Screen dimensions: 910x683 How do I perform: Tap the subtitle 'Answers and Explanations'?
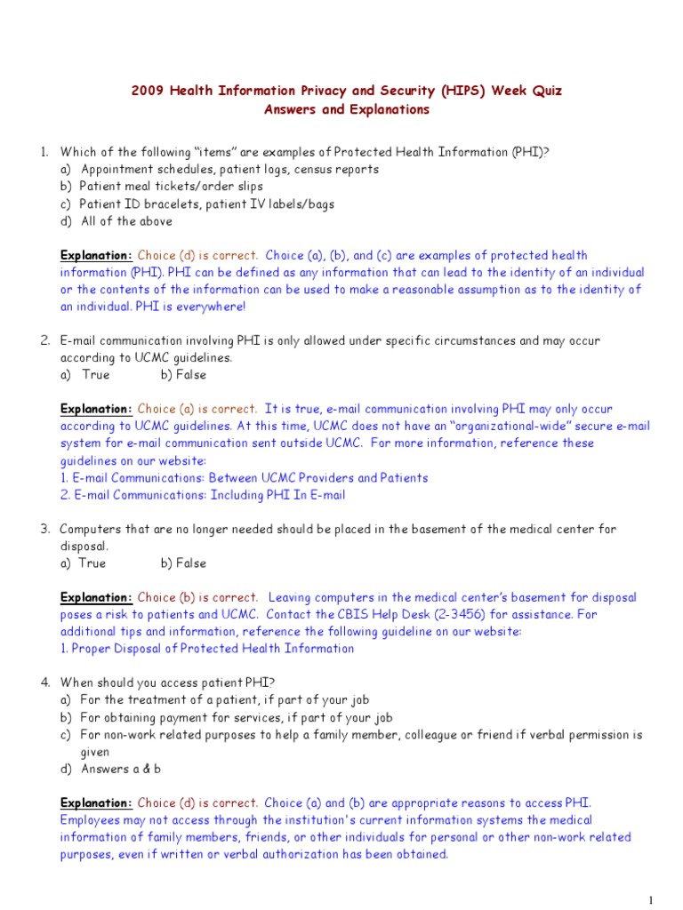click(346, 110)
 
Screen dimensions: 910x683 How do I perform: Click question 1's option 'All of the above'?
click(126, 221)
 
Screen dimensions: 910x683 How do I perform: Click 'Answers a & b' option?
click(121, 769)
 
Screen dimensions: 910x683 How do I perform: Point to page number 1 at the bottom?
click(652, 899)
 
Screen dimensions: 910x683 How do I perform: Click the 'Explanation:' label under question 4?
click(96, 802)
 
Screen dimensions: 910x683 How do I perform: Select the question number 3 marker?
click(44, 529)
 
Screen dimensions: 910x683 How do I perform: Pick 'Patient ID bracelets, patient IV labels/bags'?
click(207, 204)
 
